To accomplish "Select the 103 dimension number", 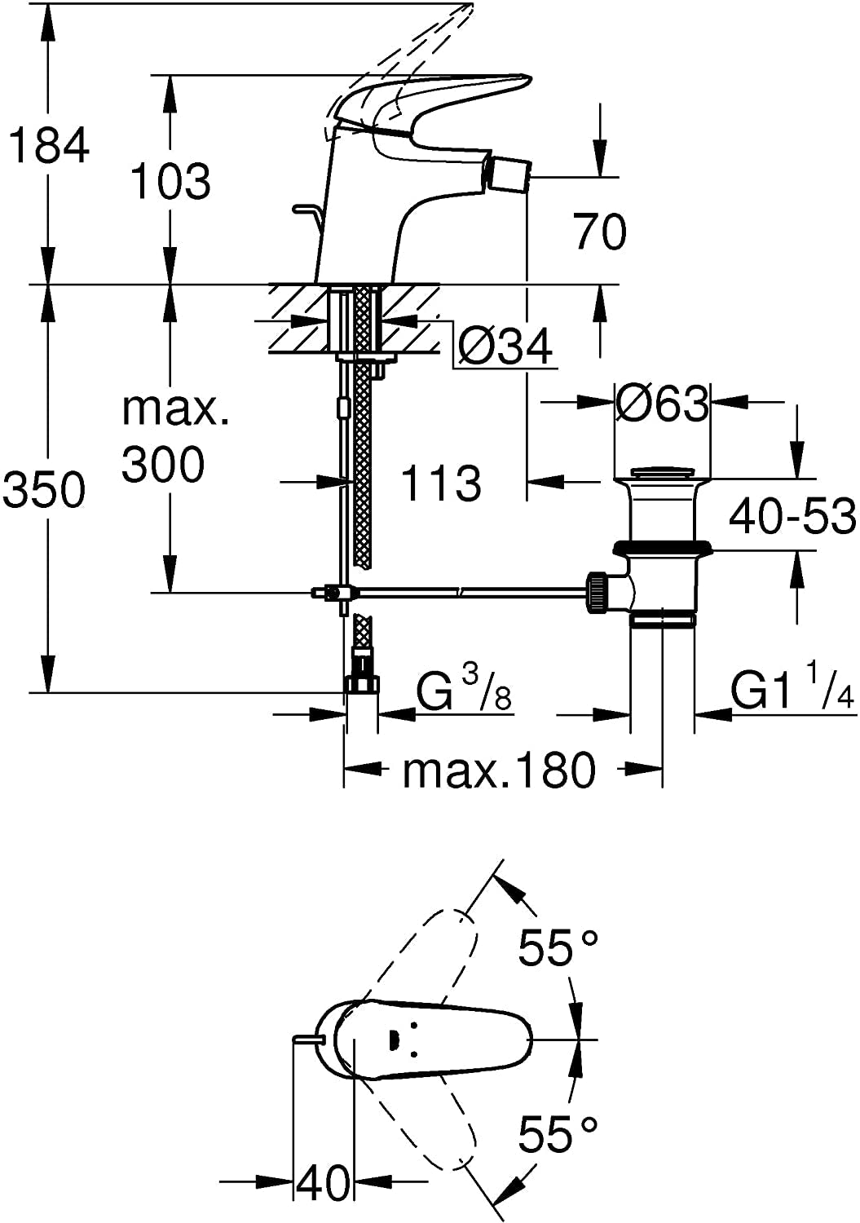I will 171,180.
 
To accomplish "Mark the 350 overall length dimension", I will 45,491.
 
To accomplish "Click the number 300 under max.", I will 163,465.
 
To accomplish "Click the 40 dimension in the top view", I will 324,1181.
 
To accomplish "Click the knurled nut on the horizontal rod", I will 597,592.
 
